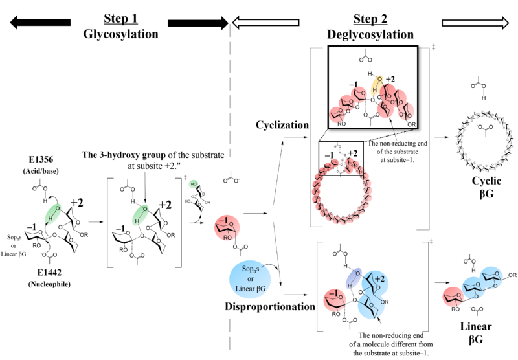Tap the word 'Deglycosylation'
pos(371,34)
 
